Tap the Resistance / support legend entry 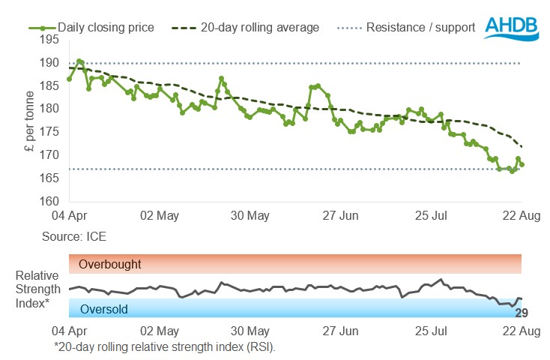[420, 28]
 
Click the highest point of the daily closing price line [79, 61]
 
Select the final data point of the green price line [522, 164]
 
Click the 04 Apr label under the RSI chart [69, 331]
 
